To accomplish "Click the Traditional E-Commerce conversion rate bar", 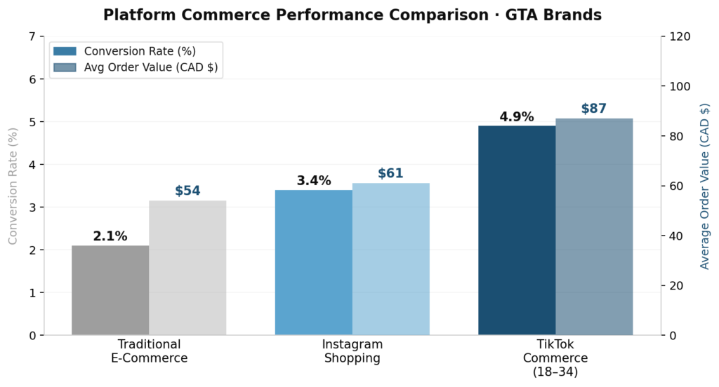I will (110, 290).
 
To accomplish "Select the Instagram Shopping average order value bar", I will (390, 259).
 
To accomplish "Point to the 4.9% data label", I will (517, 117).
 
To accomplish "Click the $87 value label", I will (593, 109).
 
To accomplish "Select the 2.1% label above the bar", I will (110, 237).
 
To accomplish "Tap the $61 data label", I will (390, 174).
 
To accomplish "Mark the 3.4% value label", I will (314, 181).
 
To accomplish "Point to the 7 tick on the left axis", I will (31, 36).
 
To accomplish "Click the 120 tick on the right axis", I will (679, 36).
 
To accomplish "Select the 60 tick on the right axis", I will (675, 186).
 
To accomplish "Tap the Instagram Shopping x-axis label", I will (352, 351).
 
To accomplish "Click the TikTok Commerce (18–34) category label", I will (555, 358).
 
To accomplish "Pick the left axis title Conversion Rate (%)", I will (13, 186).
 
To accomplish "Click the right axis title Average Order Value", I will (705, 186).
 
